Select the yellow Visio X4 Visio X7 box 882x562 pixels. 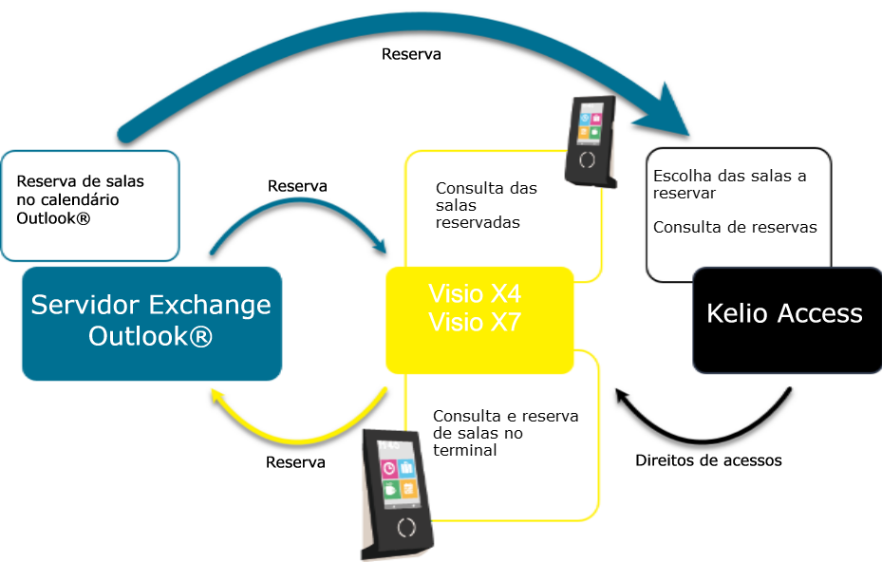(x=479, y=320)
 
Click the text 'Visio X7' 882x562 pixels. (x=475, y=323)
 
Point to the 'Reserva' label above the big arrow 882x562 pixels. (x=411, y=54)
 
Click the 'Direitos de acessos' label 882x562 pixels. (x=708, y=460)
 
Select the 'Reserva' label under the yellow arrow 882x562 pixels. (x=295, y=462)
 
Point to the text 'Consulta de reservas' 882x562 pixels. (x=735, y=227)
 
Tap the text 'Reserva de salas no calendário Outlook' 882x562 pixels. (x=81, y=199)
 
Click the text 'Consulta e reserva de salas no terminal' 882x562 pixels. (x=505, y=433)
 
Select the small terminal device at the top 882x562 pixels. (x=589, y=140)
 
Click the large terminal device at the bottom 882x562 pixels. (x=400, y=494)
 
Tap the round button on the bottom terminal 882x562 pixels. (x=406, y=527)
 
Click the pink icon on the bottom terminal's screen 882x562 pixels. (x=389, y=468)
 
